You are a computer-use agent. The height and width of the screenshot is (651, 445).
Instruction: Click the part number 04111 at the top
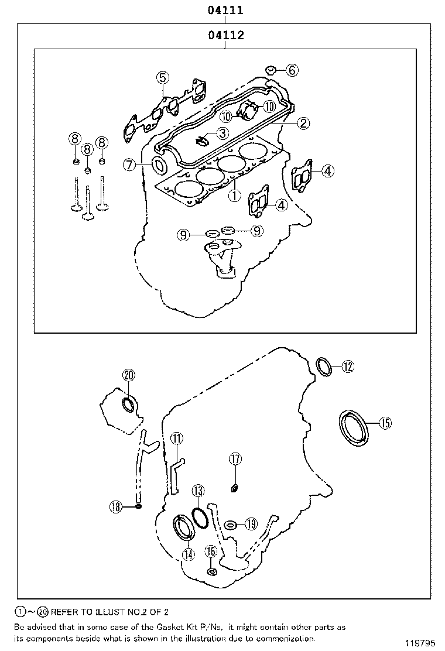(x=225, y=10)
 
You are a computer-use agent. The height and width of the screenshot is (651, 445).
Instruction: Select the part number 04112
(x=225, y=35)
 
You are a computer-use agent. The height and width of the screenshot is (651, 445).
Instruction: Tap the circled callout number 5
(x=162, y=77)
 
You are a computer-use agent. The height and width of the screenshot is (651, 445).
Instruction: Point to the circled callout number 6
(x=292, y=70)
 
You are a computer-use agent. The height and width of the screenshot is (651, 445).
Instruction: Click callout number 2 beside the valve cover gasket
(x=303, y=123)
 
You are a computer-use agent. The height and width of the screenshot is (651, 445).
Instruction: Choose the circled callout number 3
(x=221, y=133)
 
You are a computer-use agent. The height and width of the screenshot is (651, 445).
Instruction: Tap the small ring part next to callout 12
(x=324, y=365)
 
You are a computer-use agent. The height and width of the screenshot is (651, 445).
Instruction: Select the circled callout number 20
(x=129, y=376)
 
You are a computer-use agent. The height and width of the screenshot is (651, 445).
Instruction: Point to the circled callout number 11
(x=177, y=438)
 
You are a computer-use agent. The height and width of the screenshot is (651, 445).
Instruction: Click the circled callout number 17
(x=235, y=459)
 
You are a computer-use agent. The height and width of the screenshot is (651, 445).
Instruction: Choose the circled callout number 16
(x=211, y=551)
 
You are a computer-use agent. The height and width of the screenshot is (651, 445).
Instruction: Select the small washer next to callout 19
(x=231, y=524)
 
